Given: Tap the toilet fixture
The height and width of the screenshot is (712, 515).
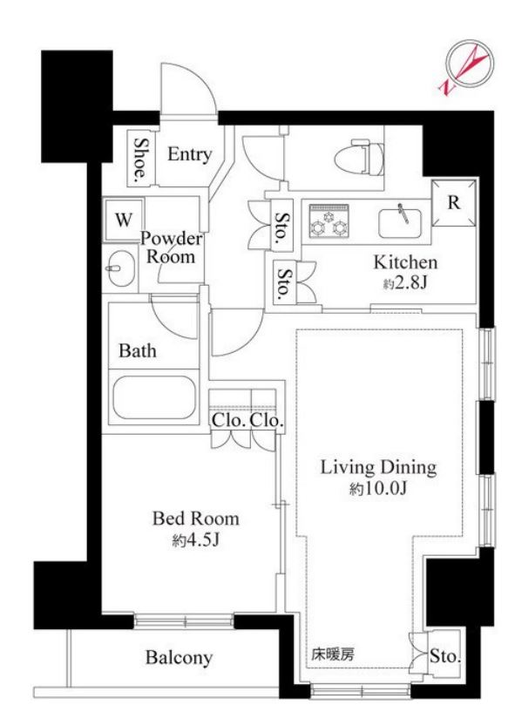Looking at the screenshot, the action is (359, 158).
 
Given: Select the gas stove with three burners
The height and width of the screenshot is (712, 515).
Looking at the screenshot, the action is (329, 220).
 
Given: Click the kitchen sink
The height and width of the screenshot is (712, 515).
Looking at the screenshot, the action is (400, 222).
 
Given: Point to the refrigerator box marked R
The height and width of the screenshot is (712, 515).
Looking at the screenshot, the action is (454, 202).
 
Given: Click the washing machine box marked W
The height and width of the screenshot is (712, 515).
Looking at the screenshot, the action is (123, 220).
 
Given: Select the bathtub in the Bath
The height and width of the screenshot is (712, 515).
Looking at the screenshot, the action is (154, 397).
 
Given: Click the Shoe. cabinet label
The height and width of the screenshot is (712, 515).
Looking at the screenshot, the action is (141, 159).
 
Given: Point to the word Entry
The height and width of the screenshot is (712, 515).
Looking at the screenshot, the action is (189, 154).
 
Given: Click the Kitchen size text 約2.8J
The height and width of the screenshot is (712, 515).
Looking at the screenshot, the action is (405, 283).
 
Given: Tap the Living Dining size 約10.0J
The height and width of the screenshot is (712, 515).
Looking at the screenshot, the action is (378, 489).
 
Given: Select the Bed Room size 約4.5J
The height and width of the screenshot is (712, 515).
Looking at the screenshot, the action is (196, 540).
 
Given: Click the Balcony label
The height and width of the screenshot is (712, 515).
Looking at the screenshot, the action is (179, 657).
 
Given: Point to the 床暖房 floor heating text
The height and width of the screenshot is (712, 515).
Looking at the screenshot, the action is (333, 654).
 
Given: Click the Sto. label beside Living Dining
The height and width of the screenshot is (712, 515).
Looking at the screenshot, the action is (445, 656).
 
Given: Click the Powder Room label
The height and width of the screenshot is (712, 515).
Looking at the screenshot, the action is (171, 248).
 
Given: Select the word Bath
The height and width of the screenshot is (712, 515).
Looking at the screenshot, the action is (138, 350).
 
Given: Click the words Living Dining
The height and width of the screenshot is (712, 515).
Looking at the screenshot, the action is (378, 468).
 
